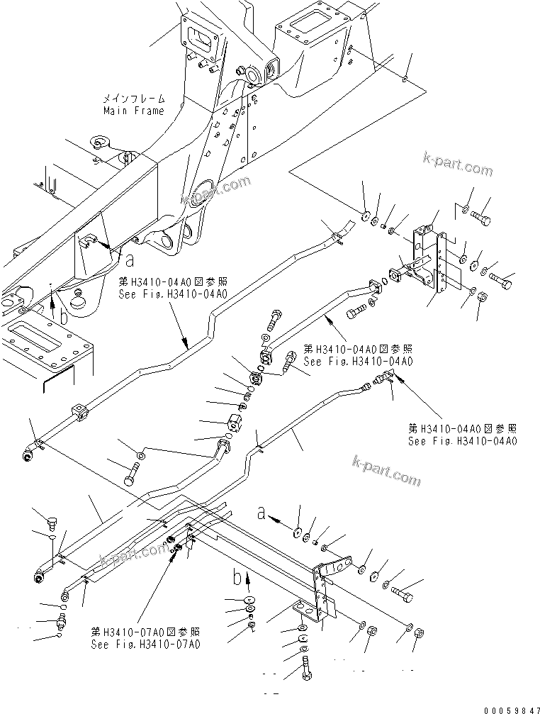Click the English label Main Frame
134,111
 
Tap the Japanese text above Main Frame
134,99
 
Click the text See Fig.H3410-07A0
145,645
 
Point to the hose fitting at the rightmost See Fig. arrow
386,379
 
